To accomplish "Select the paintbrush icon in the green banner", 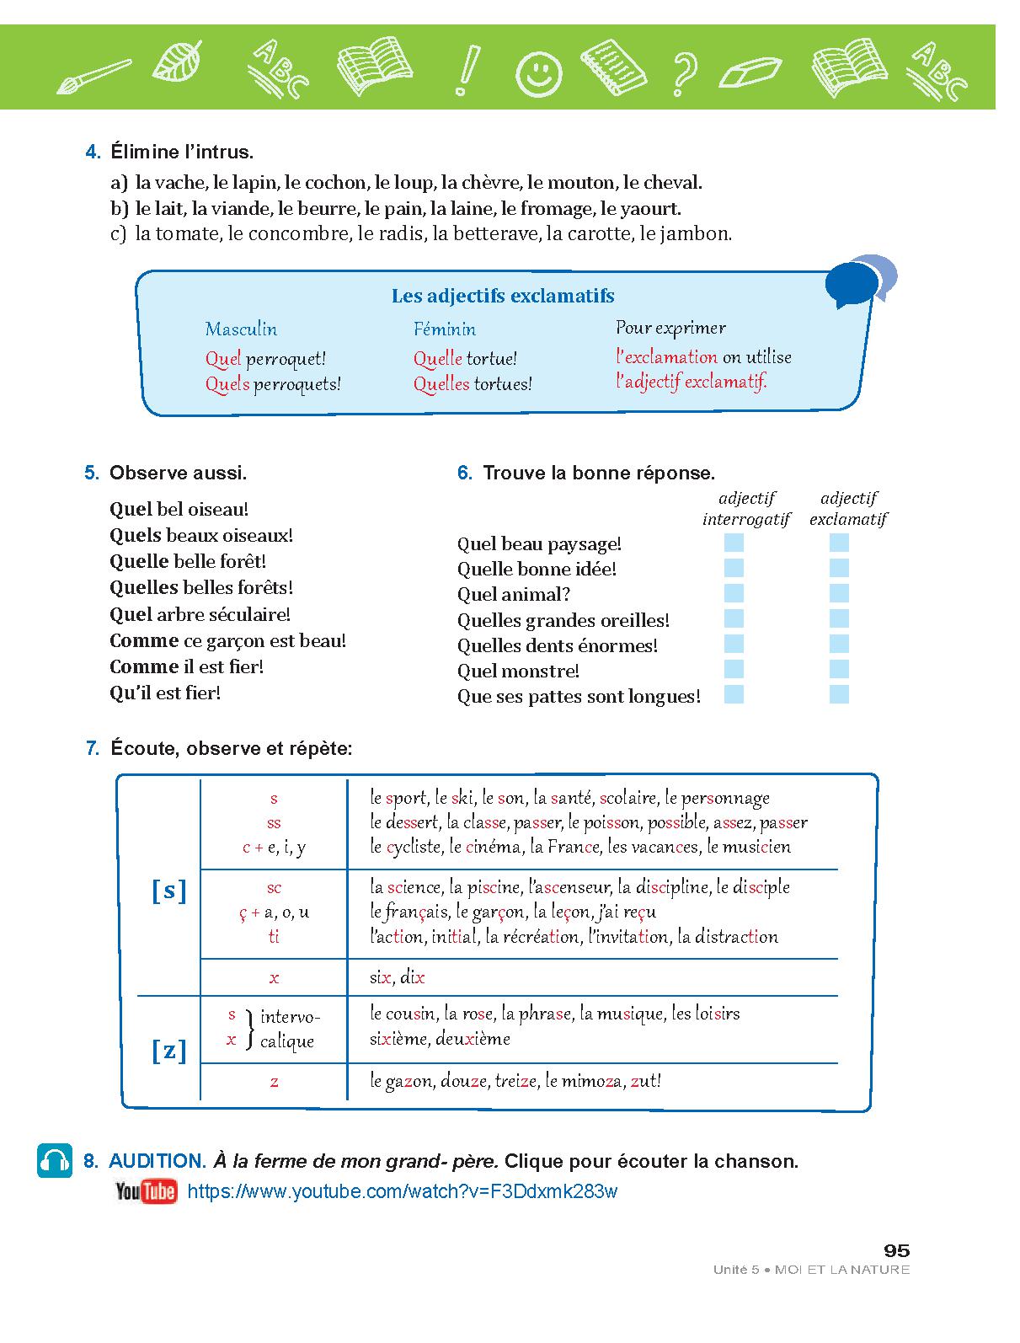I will click(x=93, y=74).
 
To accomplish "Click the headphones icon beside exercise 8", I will click(x=55, y=1160).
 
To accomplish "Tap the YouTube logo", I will click(x=146, y=1191).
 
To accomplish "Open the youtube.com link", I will click(x=403, y=1191).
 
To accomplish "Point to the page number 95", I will click(x=896, y=1250).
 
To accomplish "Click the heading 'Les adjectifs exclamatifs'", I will click(x=503, y=296).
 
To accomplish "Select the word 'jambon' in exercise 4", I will click(x=700, y=233).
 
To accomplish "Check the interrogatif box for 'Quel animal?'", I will click(x=734, y=593).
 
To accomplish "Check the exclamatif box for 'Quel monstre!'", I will click(x=839, y=670).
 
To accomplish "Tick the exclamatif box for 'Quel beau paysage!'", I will click(x=839, y=543).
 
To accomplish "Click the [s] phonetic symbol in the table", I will click(x=168, y=891).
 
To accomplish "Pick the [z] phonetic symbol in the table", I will click(x=168, y=1050).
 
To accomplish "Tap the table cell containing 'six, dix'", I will click(x=398, y=977).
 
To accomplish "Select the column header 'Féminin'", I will click(x=445, y=329).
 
